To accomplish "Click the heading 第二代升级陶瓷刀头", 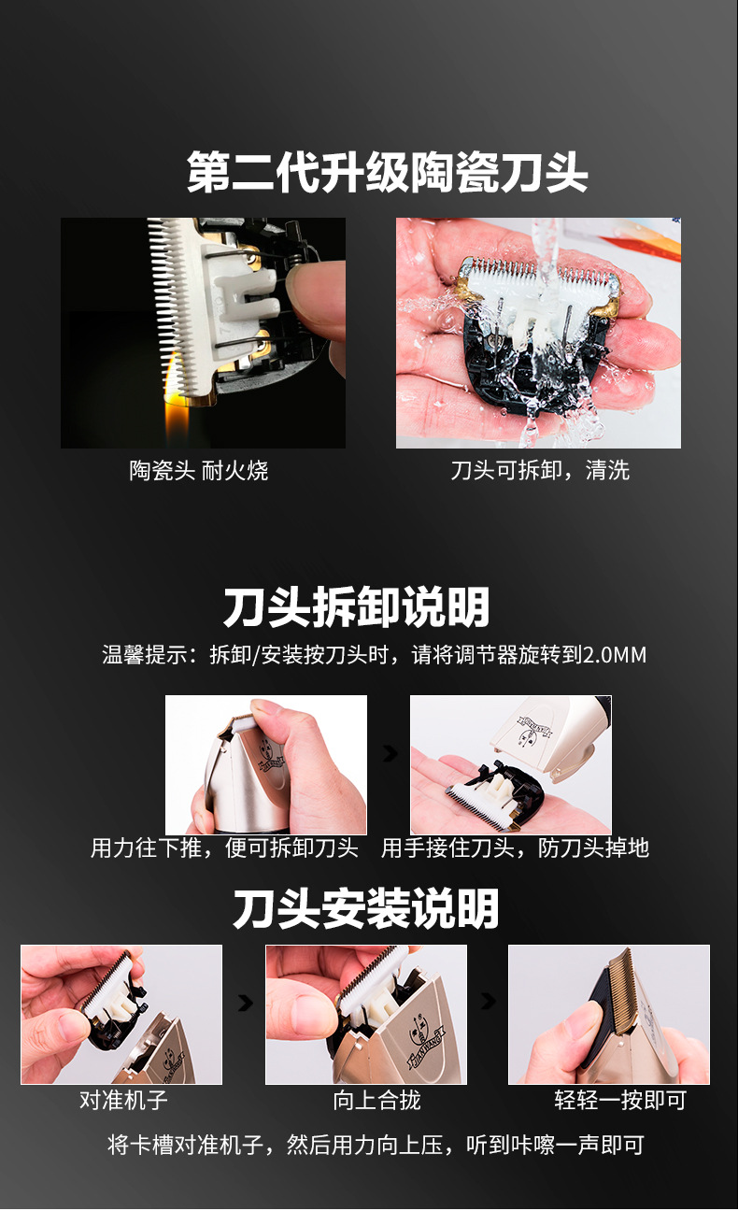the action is click(387, 172).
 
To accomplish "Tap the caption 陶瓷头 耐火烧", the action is click(198, 470).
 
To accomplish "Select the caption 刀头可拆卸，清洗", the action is click(540, 470).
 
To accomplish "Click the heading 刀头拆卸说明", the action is click(356, 606).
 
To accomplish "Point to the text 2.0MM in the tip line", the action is click(614, 655).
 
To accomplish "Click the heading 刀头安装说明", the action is click(366, 909).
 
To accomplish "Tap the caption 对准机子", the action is click(123, 1100).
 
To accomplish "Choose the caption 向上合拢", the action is click(376, 1100).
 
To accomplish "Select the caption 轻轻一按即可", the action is click(620, 1100).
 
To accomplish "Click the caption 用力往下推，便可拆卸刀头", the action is click(224, 848).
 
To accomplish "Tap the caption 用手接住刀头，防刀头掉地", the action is click(515, 848).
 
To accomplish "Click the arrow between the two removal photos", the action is click(390, 754).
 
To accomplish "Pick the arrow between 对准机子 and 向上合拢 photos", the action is click(246, 1003).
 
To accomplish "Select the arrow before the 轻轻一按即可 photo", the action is click(489, 1002).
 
